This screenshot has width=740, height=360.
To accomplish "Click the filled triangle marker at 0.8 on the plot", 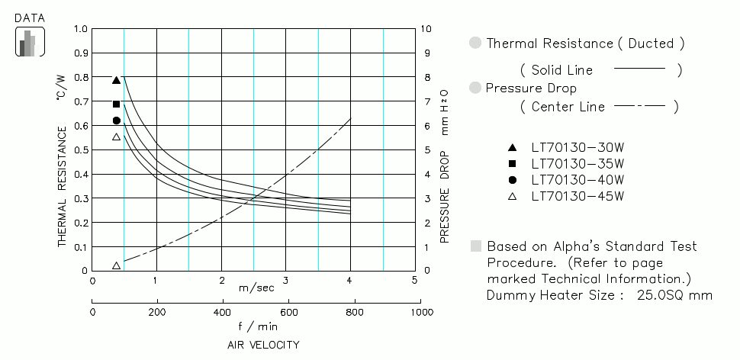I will pos(116,80).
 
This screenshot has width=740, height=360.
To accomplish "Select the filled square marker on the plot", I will pos(116,104).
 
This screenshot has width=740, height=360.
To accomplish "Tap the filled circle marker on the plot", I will pos(116,121).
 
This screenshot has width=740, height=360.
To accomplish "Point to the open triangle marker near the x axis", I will pos(116,265).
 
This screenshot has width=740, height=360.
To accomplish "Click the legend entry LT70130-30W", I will pos(578,147).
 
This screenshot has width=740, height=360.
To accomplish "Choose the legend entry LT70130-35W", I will pos(578,163).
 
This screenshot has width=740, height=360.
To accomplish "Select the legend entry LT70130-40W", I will pos(578,180).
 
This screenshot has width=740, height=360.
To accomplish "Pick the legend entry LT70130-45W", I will pos(578,197).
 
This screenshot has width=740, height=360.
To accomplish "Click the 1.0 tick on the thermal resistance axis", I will pos(80,30).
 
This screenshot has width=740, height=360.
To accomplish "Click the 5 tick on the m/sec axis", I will pos(414,281).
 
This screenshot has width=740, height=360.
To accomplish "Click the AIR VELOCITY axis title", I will pos(263,345).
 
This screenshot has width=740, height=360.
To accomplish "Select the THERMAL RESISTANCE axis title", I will pos(63,186).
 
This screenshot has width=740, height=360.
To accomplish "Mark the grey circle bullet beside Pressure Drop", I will pos(476,88).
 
